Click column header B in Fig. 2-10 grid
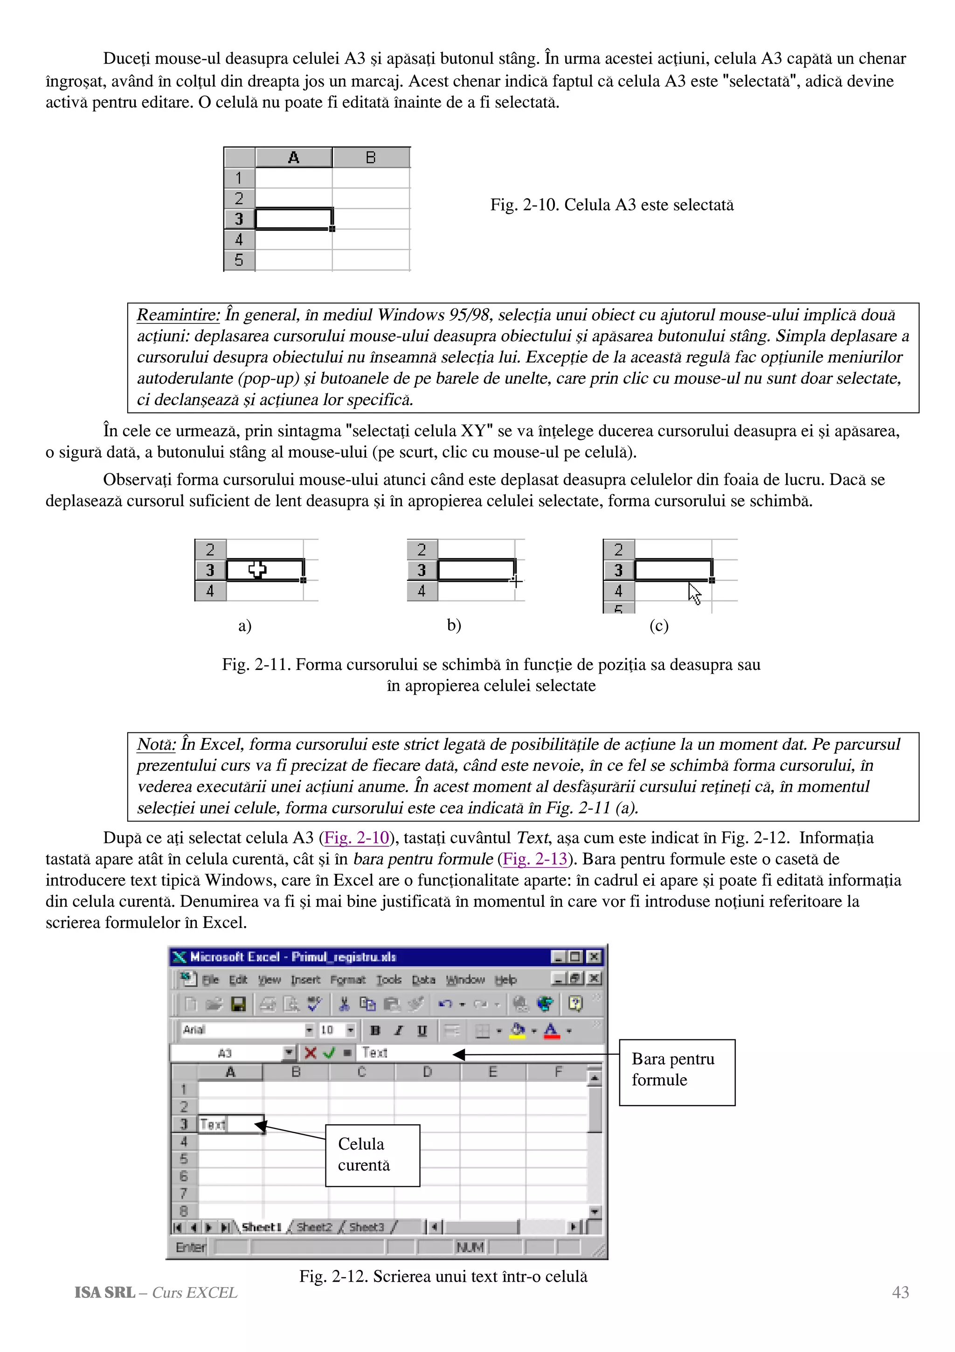(371, 158)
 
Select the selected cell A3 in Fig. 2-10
(294, 218)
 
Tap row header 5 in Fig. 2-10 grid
(239, 260)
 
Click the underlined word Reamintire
(178, 315)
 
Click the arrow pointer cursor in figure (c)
(694, 593)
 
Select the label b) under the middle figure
(454, 625)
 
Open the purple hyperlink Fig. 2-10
(357, 837)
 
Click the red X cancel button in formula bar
(310, 1052)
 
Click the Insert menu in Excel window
(305, 980)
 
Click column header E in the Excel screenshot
(492, 1072)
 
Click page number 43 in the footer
(900, 1293)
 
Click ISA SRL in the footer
(104, 1293)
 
